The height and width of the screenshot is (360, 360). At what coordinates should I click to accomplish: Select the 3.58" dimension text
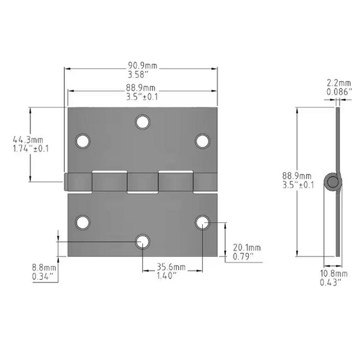141,73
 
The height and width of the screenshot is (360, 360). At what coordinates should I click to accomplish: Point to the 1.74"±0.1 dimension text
26,149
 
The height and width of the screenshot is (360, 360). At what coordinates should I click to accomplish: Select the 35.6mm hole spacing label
171,268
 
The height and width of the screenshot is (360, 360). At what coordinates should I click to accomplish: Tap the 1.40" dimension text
171,276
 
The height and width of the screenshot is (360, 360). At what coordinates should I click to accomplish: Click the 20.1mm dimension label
247,247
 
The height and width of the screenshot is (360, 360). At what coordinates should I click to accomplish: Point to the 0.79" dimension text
246,256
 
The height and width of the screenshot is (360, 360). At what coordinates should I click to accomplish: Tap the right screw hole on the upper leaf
202,141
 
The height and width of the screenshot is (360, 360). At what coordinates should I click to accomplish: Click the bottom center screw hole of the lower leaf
143,241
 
